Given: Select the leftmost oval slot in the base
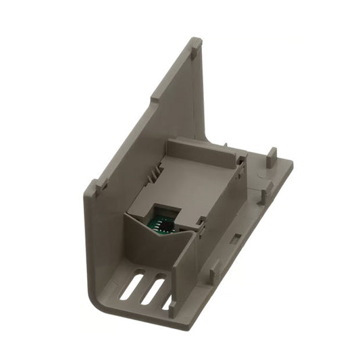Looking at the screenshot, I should [132, 286].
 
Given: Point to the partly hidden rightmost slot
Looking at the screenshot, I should [167, 301].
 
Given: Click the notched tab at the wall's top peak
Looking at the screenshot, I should [195, 45].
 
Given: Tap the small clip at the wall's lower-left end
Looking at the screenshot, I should [100, 184].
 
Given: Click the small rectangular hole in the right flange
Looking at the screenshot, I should [237, 238].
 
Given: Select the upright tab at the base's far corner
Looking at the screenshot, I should [272, 155].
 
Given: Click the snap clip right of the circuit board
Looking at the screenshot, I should [201, 230].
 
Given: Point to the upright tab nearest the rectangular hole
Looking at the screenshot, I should [215, 274].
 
